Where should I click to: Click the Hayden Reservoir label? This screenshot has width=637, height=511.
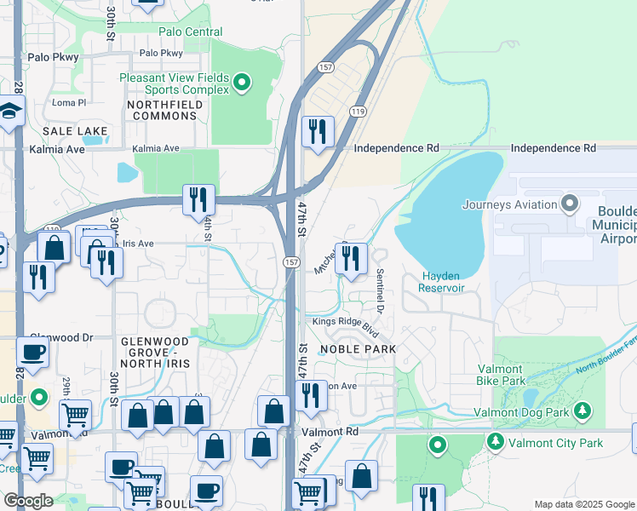coord(441,282)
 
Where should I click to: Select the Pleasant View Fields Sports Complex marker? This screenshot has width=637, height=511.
coord(243,83)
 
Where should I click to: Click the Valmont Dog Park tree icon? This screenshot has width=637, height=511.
coord(582,411)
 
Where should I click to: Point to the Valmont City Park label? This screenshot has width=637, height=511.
coord(556,443)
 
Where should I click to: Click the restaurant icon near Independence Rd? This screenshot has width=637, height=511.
coord(317,132)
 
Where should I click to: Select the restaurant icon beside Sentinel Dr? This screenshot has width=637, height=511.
coord(351,257)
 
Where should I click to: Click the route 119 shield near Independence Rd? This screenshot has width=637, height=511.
coord(358,112)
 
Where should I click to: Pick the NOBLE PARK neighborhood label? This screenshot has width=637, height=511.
coord(358,349)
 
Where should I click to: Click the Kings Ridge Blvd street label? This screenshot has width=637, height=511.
coord(344,322)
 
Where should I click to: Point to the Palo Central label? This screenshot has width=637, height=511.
coord(191,32)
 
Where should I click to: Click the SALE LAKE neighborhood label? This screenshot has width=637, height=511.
coord(76,131)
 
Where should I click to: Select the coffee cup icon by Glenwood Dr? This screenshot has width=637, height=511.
coord(32,352)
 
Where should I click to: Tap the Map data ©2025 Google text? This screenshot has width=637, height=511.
coord(583,504)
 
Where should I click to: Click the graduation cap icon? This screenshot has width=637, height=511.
coord(10,112)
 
